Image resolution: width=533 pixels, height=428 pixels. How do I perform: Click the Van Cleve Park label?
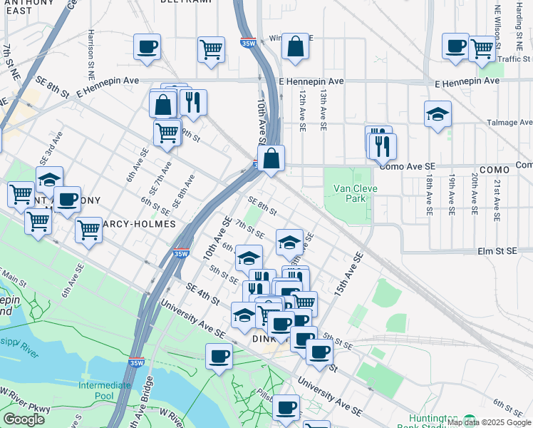(349, 193)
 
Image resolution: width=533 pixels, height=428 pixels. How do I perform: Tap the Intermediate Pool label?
(105, 390)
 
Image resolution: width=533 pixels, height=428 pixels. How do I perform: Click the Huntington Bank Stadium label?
(433, 422)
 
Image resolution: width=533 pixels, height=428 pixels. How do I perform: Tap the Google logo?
(24, 419)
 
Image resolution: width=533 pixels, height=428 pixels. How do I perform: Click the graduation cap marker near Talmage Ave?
(438, 114)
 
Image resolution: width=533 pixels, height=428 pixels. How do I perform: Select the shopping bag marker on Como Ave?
(271, 158)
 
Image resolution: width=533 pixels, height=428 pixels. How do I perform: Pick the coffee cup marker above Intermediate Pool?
(219, 356)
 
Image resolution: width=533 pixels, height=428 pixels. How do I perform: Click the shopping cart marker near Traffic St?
(482, 48)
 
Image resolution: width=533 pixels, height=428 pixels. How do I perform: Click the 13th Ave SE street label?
(323, 109)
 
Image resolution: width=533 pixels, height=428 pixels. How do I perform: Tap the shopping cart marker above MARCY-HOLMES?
(88, 230)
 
